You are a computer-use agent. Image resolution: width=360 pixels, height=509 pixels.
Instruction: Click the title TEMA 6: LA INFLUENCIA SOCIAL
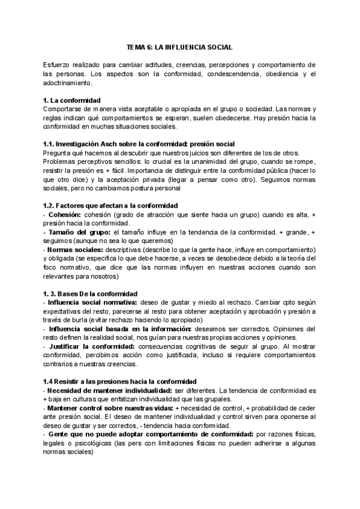point(179,46)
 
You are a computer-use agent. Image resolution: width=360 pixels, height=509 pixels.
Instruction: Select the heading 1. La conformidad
point(72,100)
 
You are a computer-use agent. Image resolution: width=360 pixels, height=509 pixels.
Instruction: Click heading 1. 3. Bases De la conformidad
point(91,294)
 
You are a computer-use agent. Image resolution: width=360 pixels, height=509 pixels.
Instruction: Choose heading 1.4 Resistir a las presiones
point(118,382)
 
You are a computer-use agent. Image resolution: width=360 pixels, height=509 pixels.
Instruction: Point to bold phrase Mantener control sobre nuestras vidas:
point(107,408)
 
